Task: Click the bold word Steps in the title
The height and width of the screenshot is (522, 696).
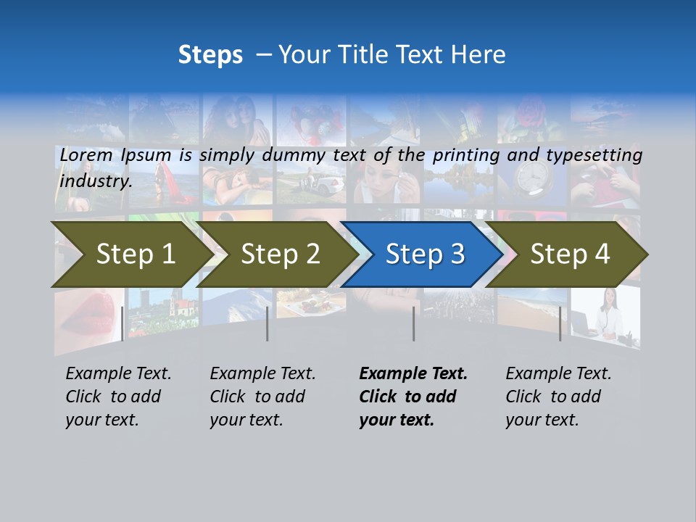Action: [210, 55]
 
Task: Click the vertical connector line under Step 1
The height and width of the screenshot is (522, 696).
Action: [123, 323]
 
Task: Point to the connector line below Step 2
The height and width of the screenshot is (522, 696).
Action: [268, 323]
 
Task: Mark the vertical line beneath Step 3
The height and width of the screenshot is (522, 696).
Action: [413, 323]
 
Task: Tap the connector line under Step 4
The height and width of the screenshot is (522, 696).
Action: [560, 323]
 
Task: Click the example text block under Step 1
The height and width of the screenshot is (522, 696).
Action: [118, 397]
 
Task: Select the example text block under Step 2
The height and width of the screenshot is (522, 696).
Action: [262, 397]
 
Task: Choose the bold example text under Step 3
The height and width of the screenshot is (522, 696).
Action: [413, 397]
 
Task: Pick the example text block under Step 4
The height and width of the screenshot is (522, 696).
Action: [558, 397]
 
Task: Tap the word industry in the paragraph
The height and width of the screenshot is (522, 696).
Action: [95, 181]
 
